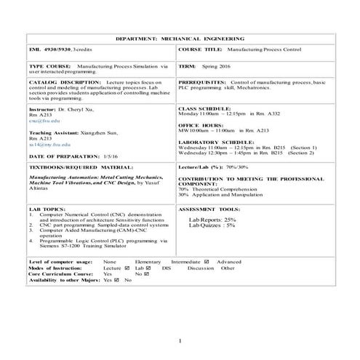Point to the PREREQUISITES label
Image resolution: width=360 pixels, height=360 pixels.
coord(203,83)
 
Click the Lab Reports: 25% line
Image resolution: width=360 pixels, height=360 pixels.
coord(212,219)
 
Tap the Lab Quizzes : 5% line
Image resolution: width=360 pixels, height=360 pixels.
coord(212,225)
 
